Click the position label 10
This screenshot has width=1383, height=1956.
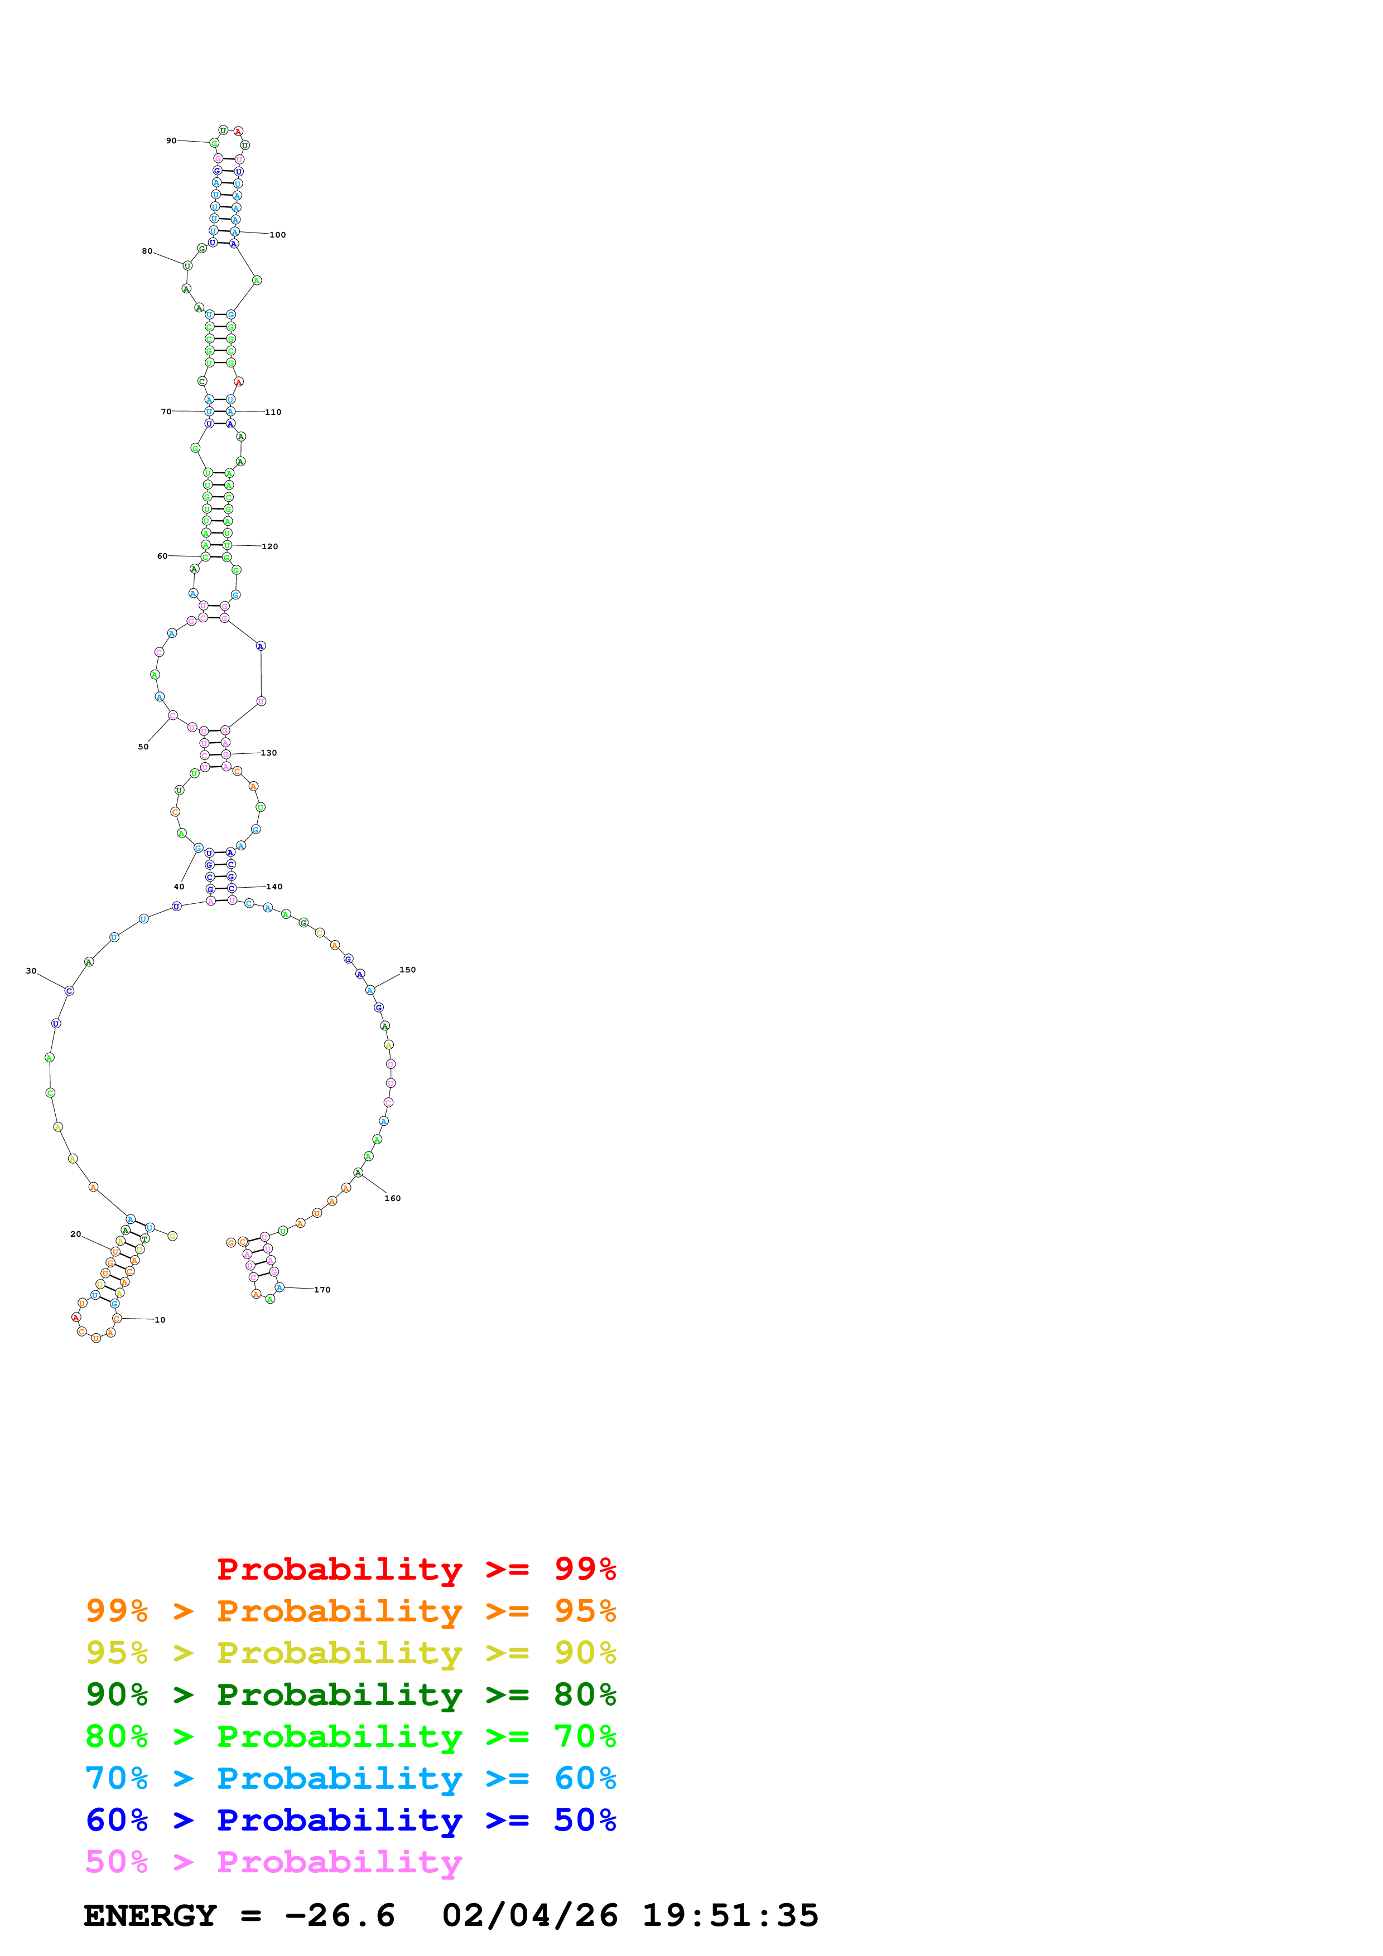click(x=160, y=1320)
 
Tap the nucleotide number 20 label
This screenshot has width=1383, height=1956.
click(x=76, y=1233)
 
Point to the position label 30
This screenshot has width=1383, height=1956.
click(x=32, y=970)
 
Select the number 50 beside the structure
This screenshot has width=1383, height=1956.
click(x=143, y=746)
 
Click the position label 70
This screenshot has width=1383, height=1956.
click(x=166, y=411)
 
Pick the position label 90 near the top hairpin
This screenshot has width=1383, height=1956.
click(x=171, y=141)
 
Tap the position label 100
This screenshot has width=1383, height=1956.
click(x=278, y=235)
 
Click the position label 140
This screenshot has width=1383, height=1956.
click(x=274, y=887)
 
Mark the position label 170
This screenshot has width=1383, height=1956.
click(x=322, y=1290)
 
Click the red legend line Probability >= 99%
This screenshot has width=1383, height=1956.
click(x=416, y=1568)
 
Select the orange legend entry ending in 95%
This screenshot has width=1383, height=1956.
click(x=350, y=1610)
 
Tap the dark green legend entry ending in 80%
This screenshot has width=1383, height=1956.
click(x=350, y=1694)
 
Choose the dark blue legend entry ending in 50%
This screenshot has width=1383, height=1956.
click(x=350, y=1820)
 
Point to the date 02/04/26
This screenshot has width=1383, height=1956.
click(x=530, y=1915)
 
